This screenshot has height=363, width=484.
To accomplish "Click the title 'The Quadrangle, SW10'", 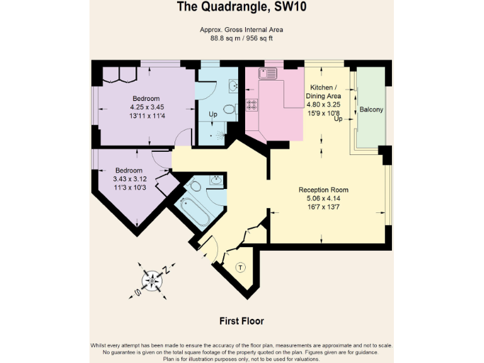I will (x=242, y=8).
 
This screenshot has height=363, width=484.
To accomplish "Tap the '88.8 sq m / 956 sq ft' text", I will (x=242, y=38).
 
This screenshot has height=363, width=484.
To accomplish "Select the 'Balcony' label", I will (x=371, y=110).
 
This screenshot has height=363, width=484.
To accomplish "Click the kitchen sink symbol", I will (x=268, y=73).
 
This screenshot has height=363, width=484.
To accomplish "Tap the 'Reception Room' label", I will (x=323, y=190).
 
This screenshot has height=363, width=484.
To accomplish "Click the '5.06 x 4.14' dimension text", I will (x=323, y=199).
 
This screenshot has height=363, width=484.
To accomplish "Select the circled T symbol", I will (x=240, y=268).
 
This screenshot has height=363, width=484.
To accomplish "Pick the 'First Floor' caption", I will (x=241, y=321).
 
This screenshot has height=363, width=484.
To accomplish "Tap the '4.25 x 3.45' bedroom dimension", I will (x=146, y=107).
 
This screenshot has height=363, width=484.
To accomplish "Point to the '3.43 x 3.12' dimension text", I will (x=129, y=179).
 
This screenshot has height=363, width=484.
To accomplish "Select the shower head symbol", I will (x=217, y=134).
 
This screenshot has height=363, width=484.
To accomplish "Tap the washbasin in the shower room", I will (x=232, y=85).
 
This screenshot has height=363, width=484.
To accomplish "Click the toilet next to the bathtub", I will (x=195, y=187).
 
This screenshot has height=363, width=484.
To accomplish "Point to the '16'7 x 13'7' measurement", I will (x=323, y=207).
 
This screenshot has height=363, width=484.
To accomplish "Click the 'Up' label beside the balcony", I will (x=338, y=118).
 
